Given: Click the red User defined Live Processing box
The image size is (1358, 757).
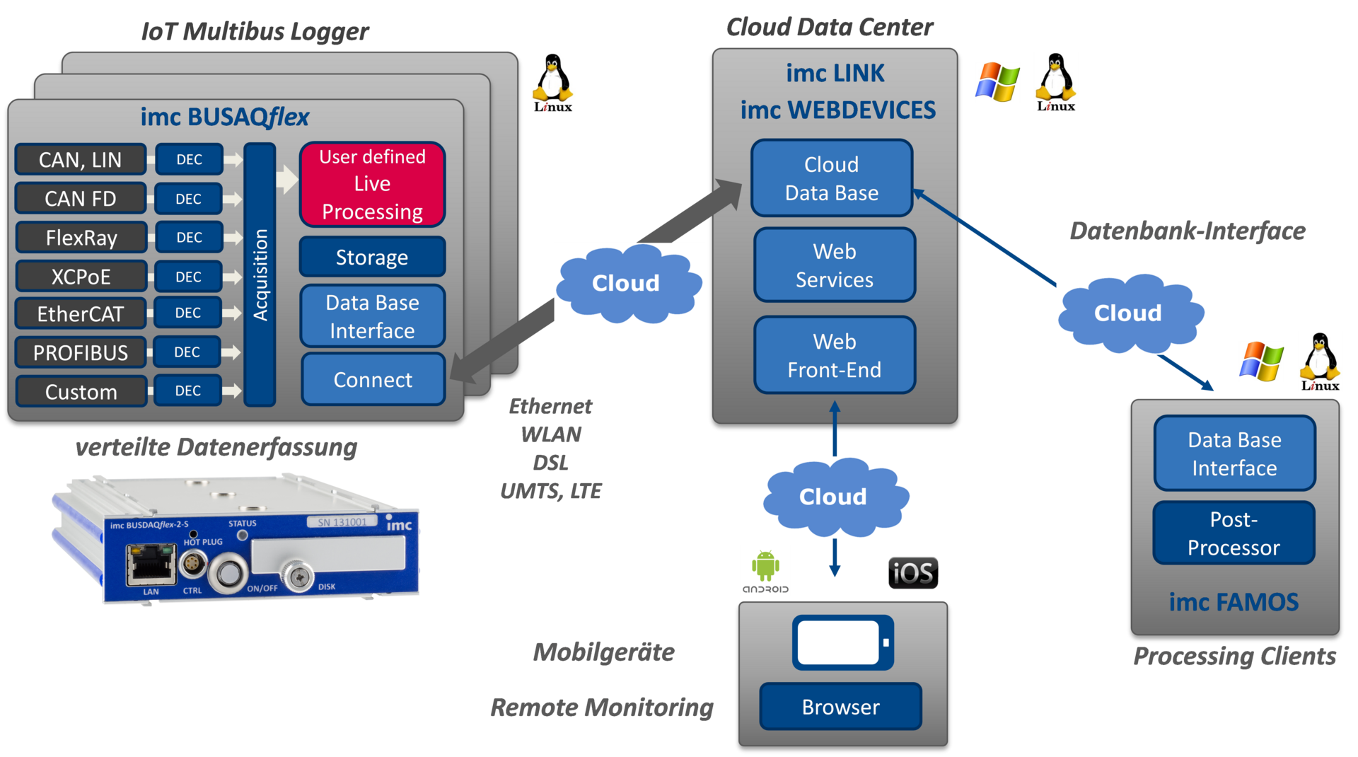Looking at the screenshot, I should click(372, 184).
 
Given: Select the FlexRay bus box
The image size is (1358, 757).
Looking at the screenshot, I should click(81, 238).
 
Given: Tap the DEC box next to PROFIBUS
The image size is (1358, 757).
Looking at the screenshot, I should click(187, 352).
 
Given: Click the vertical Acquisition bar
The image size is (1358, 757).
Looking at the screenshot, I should click(260, 275).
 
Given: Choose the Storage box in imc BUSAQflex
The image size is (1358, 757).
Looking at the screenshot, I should click(372, 257).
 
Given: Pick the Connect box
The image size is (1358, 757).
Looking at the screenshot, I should click(373, 380).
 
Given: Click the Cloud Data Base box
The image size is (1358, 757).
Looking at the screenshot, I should click(832, 178).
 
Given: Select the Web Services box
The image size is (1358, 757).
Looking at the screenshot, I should click(835, 265).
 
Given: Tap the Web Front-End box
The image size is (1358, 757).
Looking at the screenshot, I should click(835, 355).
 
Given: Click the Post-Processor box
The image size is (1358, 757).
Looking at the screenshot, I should click(1234, 533).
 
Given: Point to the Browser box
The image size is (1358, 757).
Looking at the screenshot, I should click(840, 707).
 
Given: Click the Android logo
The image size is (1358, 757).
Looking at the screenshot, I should click(765, 570).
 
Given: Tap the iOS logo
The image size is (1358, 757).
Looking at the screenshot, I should click(913, 573).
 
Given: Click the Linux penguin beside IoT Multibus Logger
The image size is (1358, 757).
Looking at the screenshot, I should click(553, 82).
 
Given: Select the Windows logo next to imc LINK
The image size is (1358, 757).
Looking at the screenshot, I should click(997, 82).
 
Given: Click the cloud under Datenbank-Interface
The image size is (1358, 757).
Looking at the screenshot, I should click(1130, 313).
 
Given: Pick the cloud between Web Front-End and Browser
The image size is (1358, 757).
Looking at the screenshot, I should click(835, 497).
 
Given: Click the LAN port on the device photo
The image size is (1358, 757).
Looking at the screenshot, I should click(150, 564).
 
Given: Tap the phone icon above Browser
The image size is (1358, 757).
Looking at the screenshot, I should click(842, 642).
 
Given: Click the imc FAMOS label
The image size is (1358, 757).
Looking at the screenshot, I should click(1234, 602).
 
